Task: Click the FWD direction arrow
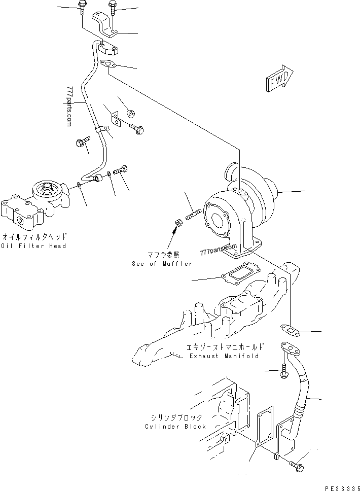pyautogui.click(x=278, y=79)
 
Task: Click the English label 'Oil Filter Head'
pyautogui.click(x=33, y=246)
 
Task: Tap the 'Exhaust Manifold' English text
pyautogui.click(x=224, y=356)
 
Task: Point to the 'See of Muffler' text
pyautogui.click(x=162, y=264)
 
